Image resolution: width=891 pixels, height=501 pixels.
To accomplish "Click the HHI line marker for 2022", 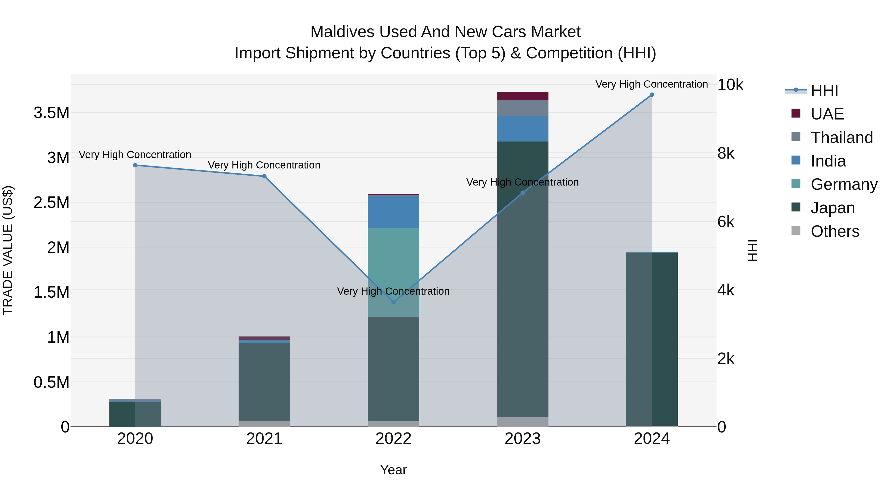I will [393, 302].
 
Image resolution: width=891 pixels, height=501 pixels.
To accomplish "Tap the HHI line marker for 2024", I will [652, 95].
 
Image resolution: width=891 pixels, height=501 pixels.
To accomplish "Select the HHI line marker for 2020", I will [135, 165].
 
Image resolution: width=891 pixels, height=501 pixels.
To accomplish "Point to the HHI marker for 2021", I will [264, 176].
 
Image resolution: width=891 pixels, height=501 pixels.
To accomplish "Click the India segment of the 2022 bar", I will [393, 212].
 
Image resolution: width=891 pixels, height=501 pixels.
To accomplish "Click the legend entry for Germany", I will [844, 184].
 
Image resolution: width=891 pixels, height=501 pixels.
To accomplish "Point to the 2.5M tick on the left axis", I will [51, 203].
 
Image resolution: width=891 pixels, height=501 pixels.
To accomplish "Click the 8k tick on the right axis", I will [726, 153].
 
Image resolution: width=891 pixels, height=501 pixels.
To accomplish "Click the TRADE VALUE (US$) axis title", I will [8, 250].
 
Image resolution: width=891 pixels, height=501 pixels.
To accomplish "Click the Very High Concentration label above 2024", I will [651, 84].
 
